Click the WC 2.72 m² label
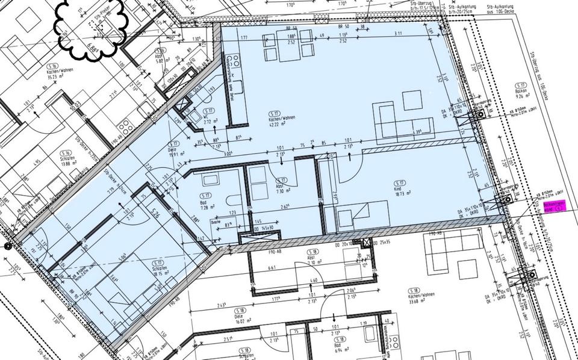point(209,117)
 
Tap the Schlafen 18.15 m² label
point(159,268)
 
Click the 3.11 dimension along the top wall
point(398,35)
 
